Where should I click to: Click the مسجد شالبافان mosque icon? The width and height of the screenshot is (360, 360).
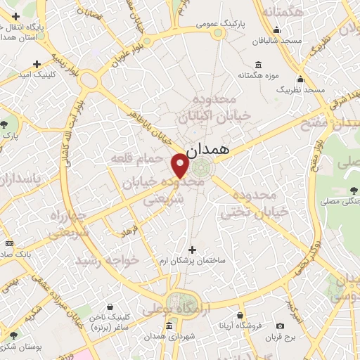click(x=277, y=30)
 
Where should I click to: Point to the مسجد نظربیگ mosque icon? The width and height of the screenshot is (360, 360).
click(x=300, y=79)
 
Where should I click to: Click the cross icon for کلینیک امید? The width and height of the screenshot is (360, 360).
click(x=37, y=65)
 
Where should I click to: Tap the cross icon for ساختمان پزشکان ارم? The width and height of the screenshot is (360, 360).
click(x=192, y=250)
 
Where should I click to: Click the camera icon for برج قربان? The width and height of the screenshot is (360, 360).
click(x=281, y=326)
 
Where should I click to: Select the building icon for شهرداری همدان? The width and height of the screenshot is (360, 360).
click(x=168, y=326)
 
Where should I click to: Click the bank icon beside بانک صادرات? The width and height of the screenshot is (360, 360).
click(x=9, y=243)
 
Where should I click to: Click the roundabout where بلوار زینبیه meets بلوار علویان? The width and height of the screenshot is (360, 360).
click(x=89, y=79)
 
